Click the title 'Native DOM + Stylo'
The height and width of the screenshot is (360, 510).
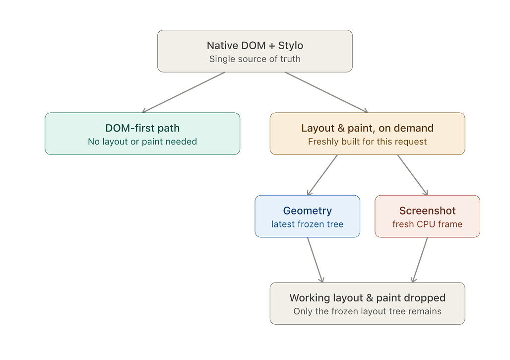pyautogui.click(x=255, y=46)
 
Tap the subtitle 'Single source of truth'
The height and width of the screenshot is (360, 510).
pyautogui.click(x=255, y=59)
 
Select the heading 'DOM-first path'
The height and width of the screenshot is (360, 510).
pyautogui.click(x=142, y=128)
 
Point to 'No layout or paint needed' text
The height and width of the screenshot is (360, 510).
pyautogui.click(x=142, y=142)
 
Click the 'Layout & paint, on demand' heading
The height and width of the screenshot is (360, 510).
pyautogui.click(x=367, y=128)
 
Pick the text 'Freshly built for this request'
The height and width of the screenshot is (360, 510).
pyautogui.click(x=367, y=142)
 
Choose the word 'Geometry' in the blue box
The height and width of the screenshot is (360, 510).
pyautogui.click(x=308, y=211)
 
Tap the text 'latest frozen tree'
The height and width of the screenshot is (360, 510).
pyautogui.click(x=308, y=224)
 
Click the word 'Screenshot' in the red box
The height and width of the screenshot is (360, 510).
pyautogui.click(x=427, y=211)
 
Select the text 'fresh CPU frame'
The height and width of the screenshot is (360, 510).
pyautogui.click(x=427, y=224)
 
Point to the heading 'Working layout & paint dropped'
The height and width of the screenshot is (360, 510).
pyautogui.click(x=368, y=298)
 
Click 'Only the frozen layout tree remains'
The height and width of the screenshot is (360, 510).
pyautogui.click(x=368, y=311)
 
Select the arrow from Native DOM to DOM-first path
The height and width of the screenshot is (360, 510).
pyautogui.click(x=184, y=92)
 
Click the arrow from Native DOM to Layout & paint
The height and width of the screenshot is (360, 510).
pyautogui.click(x=326, y=92)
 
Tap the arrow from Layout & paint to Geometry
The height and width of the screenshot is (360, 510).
pyautogui.click(x=322, y=175)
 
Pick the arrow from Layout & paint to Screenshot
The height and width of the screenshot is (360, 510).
pyautogui.click(x=412, y=175)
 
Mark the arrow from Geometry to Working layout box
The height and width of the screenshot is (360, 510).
pyautogui.click(x=315, y=260)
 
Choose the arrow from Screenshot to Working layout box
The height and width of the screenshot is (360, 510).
pyautogui.click(x=420, y=260)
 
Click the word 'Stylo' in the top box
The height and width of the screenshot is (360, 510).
pyautogui.click(x=290, y=46)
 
